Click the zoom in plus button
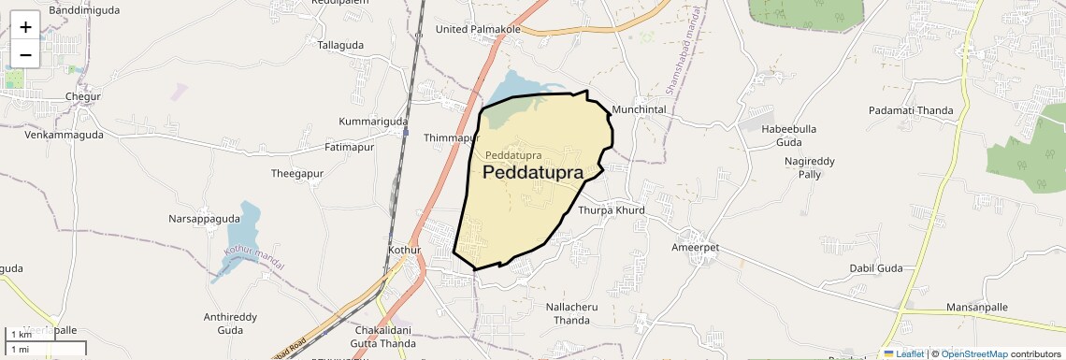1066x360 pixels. (x=25, y=26)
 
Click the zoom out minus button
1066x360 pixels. (x=25, y=54)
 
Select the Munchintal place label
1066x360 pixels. (x=638, y=109)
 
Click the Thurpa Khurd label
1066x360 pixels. (x=612, y=209)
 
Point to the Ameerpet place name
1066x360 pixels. (x=695, y=248)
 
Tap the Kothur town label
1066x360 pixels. (x=406, y=251)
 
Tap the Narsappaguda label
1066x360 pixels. (x=204, y=219)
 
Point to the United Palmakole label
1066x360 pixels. (x=478, y=29)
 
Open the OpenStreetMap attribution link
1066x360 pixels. (x=973, y=353)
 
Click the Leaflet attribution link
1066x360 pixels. (x=903, y=353)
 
